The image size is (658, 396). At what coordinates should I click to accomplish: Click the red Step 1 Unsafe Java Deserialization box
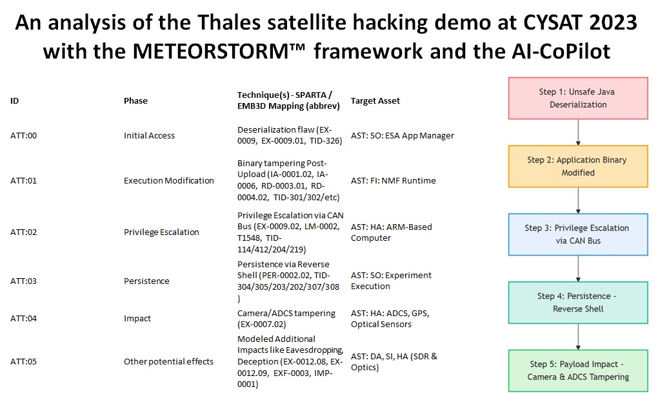click(x=577, y=98)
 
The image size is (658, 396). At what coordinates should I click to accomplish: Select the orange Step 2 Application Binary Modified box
click(x=577, y=166)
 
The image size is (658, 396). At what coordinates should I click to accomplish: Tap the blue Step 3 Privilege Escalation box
click(x=577, y=234)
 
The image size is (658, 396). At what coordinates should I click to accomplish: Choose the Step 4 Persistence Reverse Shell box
click(x=577, y=302)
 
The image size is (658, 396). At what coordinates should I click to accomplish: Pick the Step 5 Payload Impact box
click(x=577, y=370)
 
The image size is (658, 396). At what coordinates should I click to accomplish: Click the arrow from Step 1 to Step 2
click(x=577, y=132)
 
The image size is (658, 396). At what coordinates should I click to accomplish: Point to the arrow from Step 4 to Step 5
click(x=577, y=336)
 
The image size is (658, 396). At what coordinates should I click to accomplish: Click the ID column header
click(x=14, y=100)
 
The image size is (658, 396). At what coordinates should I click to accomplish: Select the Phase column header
click(x=135, y=100)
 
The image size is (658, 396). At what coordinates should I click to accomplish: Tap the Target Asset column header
click(x=375, y=100)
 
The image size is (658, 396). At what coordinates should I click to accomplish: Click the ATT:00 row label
click(x=23, y=135)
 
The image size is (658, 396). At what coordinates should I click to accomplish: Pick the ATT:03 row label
click(x=23, y=281)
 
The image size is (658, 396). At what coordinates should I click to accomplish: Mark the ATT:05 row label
click(x=23, y=361)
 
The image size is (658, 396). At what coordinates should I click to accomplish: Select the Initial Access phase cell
click(x=149, y=135)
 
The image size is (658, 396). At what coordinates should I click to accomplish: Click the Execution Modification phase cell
click(x=169, y=180)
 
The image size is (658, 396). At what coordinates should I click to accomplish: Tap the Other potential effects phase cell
click(x=168, y=361)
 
